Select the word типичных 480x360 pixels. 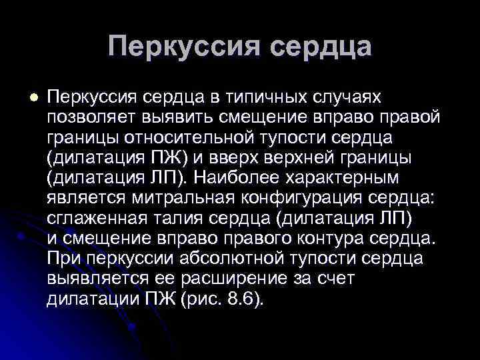coord(267,97)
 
